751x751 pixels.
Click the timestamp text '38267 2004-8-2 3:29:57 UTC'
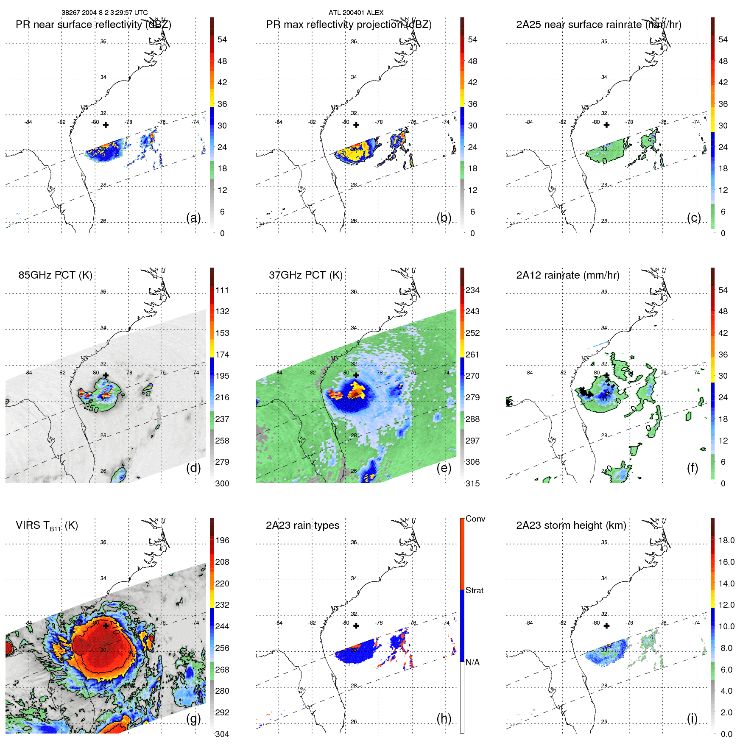pos(104,13)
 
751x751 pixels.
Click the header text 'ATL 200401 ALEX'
pos(356,13)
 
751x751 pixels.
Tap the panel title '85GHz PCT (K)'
pos(55,275)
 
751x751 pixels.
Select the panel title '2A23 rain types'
pos(302,525)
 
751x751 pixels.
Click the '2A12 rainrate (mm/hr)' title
pos(567,275)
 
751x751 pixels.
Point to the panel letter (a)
pos(193,218)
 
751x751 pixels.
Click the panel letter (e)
pos(444,468)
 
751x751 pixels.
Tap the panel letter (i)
pos(692,718)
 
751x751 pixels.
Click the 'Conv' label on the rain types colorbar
pos(475,519)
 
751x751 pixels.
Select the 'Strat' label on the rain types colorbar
pos(474,590)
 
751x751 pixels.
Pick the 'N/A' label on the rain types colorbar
pos(472,662)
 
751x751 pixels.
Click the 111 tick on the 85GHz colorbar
pos(222,290)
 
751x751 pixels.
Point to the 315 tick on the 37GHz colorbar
pos(472,483)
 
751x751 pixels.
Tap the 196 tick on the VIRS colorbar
pos(222,540)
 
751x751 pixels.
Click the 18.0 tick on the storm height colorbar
pos(726,540)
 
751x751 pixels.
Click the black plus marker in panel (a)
pos(106,125)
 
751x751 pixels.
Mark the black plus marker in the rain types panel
pos(356,625)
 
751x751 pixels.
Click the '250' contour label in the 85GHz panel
pos(91,408)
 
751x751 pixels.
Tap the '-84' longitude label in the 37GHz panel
pos(279,373)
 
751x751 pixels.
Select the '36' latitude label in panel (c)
pos(604,42)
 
